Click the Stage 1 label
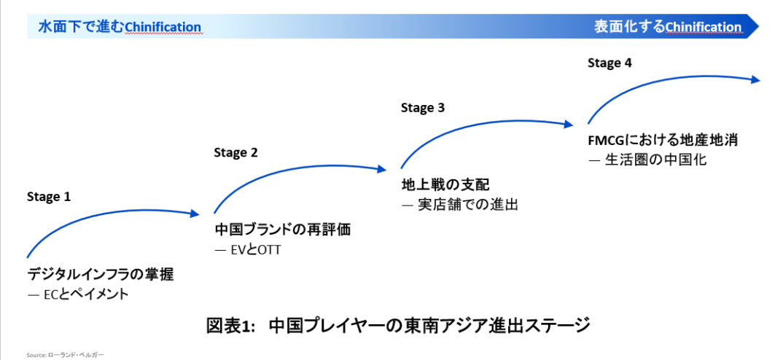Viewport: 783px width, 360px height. pyautogui.click(x=49, y=197)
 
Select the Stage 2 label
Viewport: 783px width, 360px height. pyautogui.click(x=235, y=153)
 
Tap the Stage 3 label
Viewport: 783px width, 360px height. pyautogui.click(x=422, y=108)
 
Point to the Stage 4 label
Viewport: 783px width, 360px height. pyautogui.click(x=609, y=63)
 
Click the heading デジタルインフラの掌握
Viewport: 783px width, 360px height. pyautogui.click(x=101, y=274)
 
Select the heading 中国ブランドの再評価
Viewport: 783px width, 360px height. pyautogui.click(x=283, y=230)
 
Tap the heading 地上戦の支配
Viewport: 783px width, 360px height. pyautogui.click(x=445, y=185)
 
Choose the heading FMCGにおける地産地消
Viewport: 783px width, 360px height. pyautogui.click(x=663, y=141)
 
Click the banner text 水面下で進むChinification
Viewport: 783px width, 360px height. pyautogui.click(x=120, y=26)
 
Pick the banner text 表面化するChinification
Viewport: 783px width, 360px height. pyautogui.click(x=668, y=26)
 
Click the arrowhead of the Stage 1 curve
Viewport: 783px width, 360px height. pyautogui.click(x=195, y=214)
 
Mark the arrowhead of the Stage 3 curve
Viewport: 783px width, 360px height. pyautogui.click(x=569, y=125)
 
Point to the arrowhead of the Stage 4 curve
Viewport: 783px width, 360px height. pyautogui.click(x=755, y=79)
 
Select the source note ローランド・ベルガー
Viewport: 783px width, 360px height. pyautogui.click(x=76, y=355)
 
